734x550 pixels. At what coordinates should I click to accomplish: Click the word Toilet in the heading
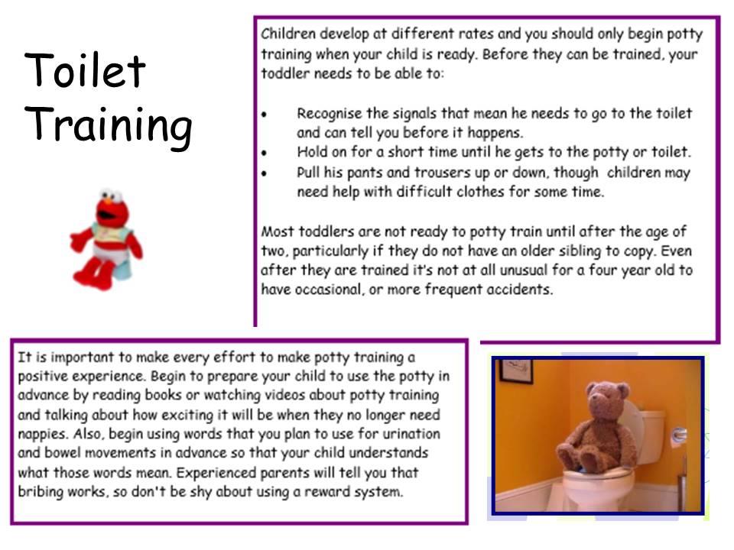pos(85,70)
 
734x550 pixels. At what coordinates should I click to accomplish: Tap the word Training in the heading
pos(108,125)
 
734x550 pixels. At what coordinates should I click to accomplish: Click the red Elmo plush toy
pos(106,239)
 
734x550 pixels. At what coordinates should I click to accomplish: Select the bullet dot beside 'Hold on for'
pos(265,153)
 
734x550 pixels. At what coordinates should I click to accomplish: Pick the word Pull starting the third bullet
pos(308,172)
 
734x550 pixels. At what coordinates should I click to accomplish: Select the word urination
pos(411,434)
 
